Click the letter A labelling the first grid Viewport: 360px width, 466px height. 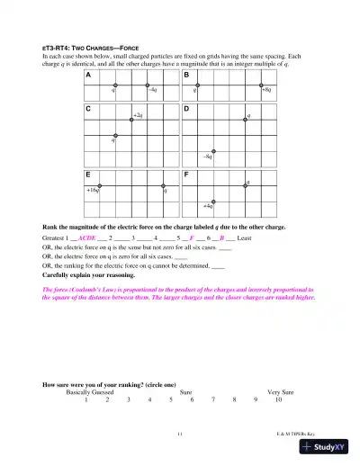tap(88, 76)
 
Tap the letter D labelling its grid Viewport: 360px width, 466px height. tap(186, 109)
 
